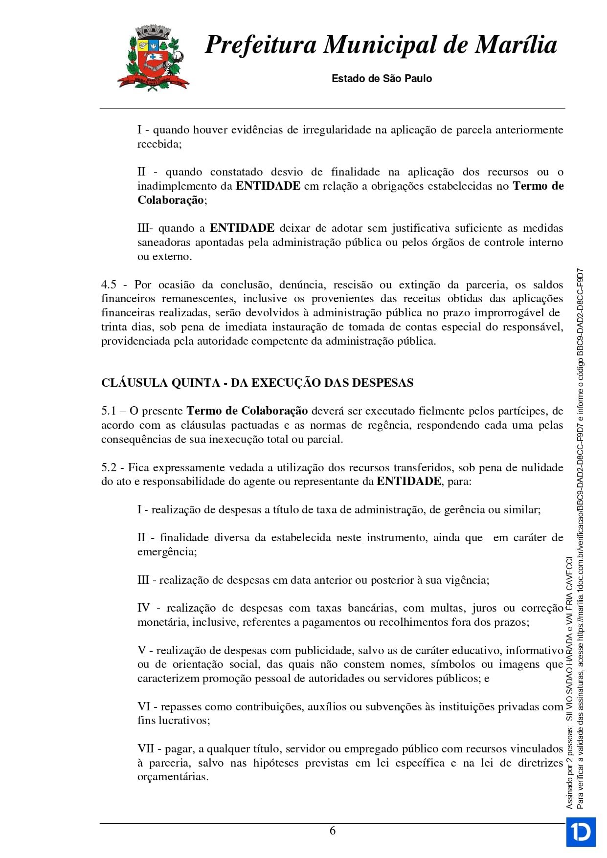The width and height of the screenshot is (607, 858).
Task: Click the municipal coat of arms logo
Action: [x=153, y=59]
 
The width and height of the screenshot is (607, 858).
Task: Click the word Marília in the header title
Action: [x=516, y=45]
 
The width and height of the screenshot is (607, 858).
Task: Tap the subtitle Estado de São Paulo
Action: [x=382, y=79]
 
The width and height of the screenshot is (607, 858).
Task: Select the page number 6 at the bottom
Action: [x=333, y=831]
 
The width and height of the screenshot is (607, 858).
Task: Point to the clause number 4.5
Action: [x=109, y=285]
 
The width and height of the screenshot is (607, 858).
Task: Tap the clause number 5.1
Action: [x=109, y=411]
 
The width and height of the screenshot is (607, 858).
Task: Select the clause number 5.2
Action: [x=109, y=467]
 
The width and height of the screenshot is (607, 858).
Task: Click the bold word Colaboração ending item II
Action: [x=171, y=200]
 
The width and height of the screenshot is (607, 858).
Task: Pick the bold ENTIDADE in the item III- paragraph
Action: [x=242, y=228]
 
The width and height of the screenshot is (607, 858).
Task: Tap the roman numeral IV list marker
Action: [x=143, y=608]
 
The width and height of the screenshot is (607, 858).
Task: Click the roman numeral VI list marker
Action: [x=144, y=706]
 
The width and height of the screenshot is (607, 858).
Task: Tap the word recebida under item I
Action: [x=158, y=144]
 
